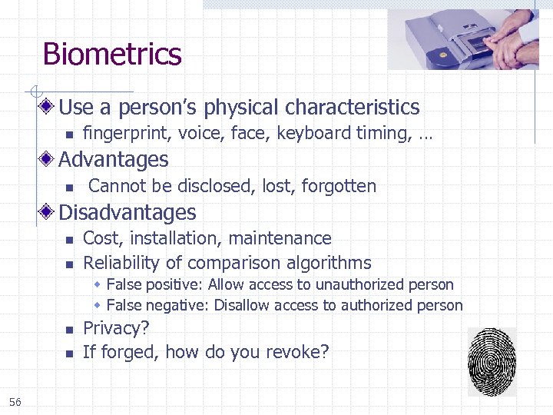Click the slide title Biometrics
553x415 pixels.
(x=112, y=55)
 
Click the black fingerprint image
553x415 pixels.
(x=492, y=362)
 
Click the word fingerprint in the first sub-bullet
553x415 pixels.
(x=127, y=134)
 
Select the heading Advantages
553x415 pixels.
(x=113, y=160)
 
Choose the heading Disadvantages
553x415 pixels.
(x=127, y=212)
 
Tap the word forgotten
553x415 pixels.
(x=339, y=186)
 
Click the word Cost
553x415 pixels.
(x=101, y=238)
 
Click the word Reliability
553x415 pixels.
(x=119, y=263)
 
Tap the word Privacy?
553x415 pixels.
(x=116, y=329)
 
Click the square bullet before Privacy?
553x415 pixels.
(x=68, y=330)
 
